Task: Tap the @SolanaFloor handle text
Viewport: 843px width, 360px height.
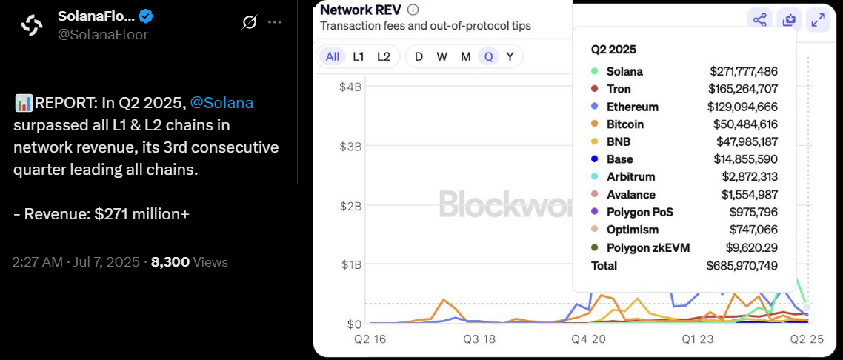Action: coord(103,34)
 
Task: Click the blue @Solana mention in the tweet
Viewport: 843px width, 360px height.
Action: coord(221,103)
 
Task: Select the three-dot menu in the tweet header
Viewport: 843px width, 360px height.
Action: coord(275,22)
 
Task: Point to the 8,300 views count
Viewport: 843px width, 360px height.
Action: coord(170,261)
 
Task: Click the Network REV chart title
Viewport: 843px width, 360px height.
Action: coord(361,10)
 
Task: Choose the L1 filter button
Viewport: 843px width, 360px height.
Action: coord(359,56)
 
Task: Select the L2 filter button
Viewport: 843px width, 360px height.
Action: coord(383,56)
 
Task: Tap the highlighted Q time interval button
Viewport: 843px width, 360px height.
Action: coord(488,56)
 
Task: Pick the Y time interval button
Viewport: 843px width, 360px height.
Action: coord(510,56)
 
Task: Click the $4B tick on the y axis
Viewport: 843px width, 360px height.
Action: coord(350,87)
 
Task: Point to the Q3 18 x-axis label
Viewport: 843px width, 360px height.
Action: coord(479,340)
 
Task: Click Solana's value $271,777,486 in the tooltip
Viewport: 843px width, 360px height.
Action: coord(743,71)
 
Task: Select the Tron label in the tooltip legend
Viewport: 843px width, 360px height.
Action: coord(619,89)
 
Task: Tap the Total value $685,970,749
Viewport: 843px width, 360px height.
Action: coord(742,265)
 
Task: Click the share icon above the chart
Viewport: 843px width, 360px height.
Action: coord(759,20)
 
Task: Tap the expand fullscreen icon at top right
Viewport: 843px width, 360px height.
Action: coord(818,20)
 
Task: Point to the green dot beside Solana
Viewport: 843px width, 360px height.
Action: coord(594,71)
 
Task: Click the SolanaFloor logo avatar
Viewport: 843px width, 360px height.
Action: coord(32,25)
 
